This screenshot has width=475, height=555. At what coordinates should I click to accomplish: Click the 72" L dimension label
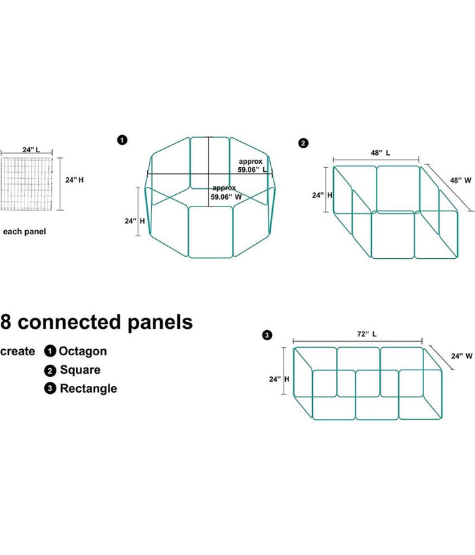[x=366, y=334]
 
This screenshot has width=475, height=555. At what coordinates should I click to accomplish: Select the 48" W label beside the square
[x=460, y=180]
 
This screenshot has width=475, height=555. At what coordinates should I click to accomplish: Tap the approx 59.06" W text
[x=226, y=192]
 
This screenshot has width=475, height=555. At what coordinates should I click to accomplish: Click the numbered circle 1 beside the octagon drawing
[x=121, y=141]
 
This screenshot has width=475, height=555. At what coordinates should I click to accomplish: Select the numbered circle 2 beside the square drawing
[x=303, y=143]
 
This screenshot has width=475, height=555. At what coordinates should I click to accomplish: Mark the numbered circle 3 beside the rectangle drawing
[x=267, y=335]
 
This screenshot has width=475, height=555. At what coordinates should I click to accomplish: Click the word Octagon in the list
[x=83, y=351]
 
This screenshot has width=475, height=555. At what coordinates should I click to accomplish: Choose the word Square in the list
[x=80, y=370]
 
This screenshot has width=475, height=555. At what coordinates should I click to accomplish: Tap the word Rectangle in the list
[x=88, y=389]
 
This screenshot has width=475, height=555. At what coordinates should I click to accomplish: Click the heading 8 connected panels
[x=96, y=321]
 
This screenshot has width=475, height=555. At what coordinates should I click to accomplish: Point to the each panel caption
[x=24, y=232]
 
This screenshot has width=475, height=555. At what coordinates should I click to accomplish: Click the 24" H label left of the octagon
[x=134, y=221]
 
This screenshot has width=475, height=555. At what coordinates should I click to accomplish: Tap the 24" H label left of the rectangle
[x=279, y=380]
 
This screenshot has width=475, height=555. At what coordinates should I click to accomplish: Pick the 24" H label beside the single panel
[x=75, y=180]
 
